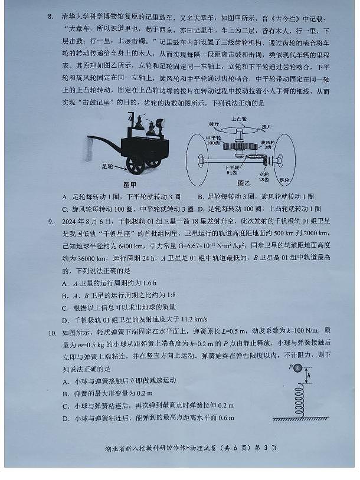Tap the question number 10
pos(53,333)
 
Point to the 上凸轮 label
pos(238,119)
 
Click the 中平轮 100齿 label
pos(213,140)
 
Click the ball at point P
pos(297,368)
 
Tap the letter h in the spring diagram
pos(308,375)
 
